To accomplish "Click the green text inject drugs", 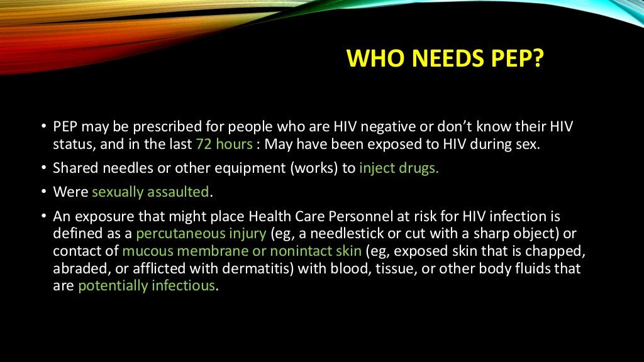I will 399,168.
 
